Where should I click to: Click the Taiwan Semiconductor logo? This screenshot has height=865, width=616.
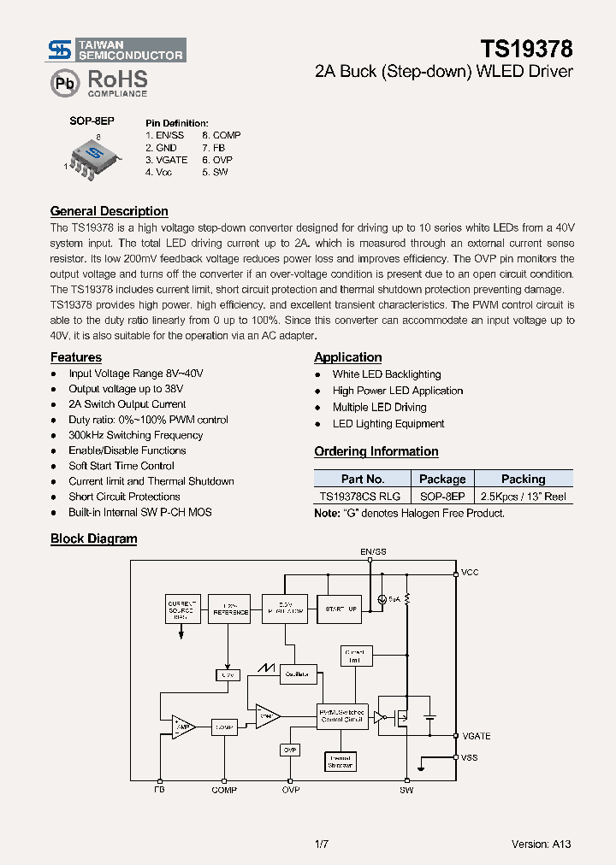pyautogui.click(x=115, y=50)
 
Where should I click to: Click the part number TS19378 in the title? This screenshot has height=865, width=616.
pyautogui.click(x=526, y=49)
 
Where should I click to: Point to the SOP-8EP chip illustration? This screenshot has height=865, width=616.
pyautogui.click(x=93, y=157)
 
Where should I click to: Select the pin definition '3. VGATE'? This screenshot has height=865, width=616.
pyautogui.click(x=166, y=160)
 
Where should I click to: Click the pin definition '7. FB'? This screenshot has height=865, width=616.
pyautogui.click(x=213, y=148)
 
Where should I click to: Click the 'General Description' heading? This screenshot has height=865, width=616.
pyautogui.click(x=109, y=211)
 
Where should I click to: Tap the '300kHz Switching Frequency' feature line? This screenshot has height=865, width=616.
pyautogui.click(x=135, y=435)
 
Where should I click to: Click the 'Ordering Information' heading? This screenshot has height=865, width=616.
pyautogui.click(x=376, y=451)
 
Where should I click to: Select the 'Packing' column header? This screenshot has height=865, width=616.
pyautogui.click(x=523, y=480)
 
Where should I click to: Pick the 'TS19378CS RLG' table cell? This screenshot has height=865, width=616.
pyautogui.click(x=359, y=497)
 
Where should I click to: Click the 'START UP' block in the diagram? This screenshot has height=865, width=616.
pyautogui.click(x=341, y=609)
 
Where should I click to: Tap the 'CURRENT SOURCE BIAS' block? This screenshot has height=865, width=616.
pyautogui.click(x=181, y=609)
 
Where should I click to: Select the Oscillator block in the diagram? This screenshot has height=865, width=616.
pyautogui.click(x=297, y=674)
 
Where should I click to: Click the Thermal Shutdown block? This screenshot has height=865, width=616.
pyautogui.click(x=340, y=762)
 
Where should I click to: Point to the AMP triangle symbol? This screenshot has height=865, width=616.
pyautogui.click(x=182, y=727)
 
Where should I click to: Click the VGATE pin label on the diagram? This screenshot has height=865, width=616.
pyautogui.click(x=476, y=736)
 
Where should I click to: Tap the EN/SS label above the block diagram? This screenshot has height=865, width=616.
pyautogui.click(x=373, y=552)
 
